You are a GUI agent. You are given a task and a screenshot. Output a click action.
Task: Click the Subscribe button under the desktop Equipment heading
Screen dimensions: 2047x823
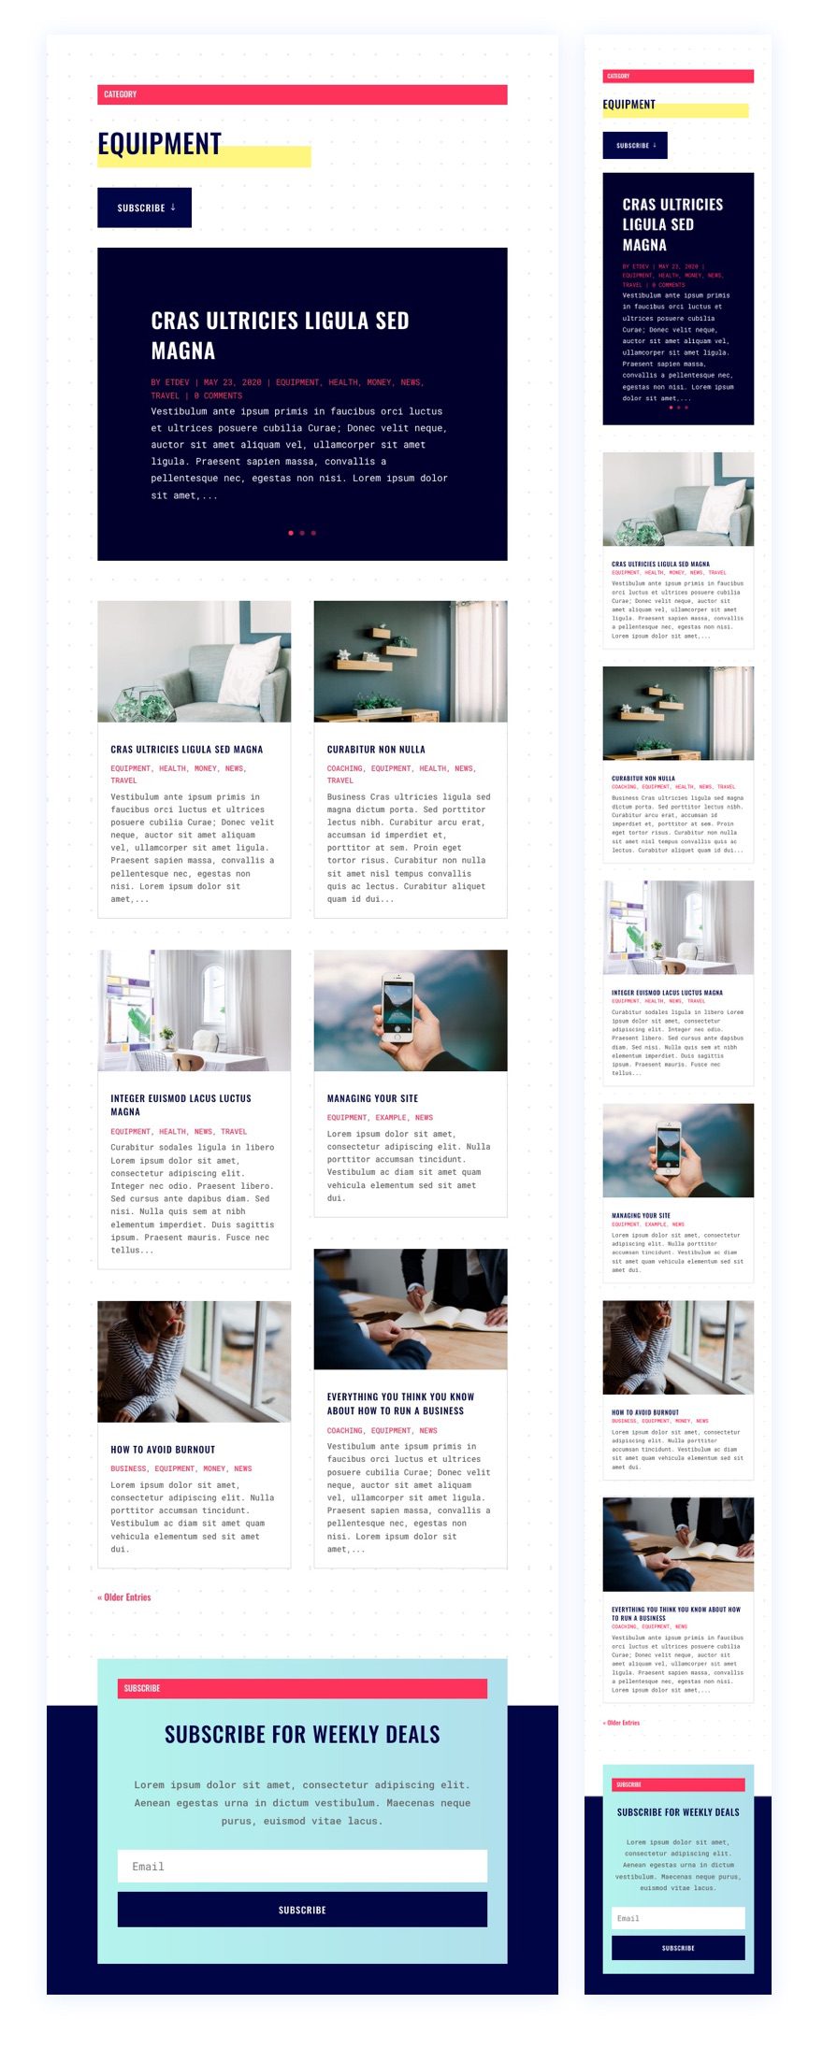click(144, 208)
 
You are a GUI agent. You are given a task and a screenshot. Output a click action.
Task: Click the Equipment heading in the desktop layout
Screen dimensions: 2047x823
click(160, 144)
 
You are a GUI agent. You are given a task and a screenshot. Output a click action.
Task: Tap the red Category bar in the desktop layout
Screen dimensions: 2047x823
click(302, 94)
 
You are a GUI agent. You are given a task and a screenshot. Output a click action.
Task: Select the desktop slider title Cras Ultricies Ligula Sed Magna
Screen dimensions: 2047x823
click(280, 335)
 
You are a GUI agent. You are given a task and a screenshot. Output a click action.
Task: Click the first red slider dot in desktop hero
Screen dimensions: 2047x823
click(291, 533)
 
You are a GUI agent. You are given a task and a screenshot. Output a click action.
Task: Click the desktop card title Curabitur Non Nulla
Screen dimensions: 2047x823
click(376, 750)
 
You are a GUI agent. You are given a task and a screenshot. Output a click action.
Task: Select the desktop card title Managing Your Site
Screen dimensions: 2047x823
click(372, 1098)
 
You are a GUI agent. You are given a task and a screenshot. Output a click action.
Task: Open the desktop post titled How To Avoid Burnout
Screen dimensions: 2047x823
click(163, 1450)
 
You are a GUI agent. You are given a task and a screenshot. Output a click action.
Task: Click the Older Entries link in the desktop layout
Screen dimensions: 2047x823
click(124, 1597)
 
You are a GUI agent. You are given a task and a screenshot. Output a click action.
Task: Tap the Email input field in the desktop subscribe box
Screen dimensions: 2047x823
click(302, 1867)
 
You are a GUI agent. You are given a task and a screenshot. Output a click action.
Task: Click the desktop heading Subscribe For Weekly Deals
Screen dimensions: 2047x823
click(302, 1735)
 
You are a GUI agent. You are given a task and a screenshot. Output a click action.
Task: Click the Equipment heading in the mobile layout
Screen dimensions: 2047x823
click(629, 105)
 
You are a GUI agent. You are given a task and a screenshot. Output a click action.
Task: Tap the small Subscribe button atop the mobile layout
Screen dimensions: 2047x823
click(635, 146)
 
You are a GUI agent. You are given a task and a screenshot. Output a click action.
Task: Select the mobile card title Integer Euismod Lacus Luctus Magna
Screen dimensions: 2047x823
click(667, 993)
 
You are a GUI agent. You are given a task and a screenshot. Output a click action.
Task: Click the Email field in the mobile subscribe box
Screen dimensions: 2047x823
click(678, 1918)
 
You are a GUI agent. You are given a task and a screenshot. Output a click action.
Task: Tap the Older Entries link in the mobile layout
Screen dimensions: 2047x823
click(622, 1723)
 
